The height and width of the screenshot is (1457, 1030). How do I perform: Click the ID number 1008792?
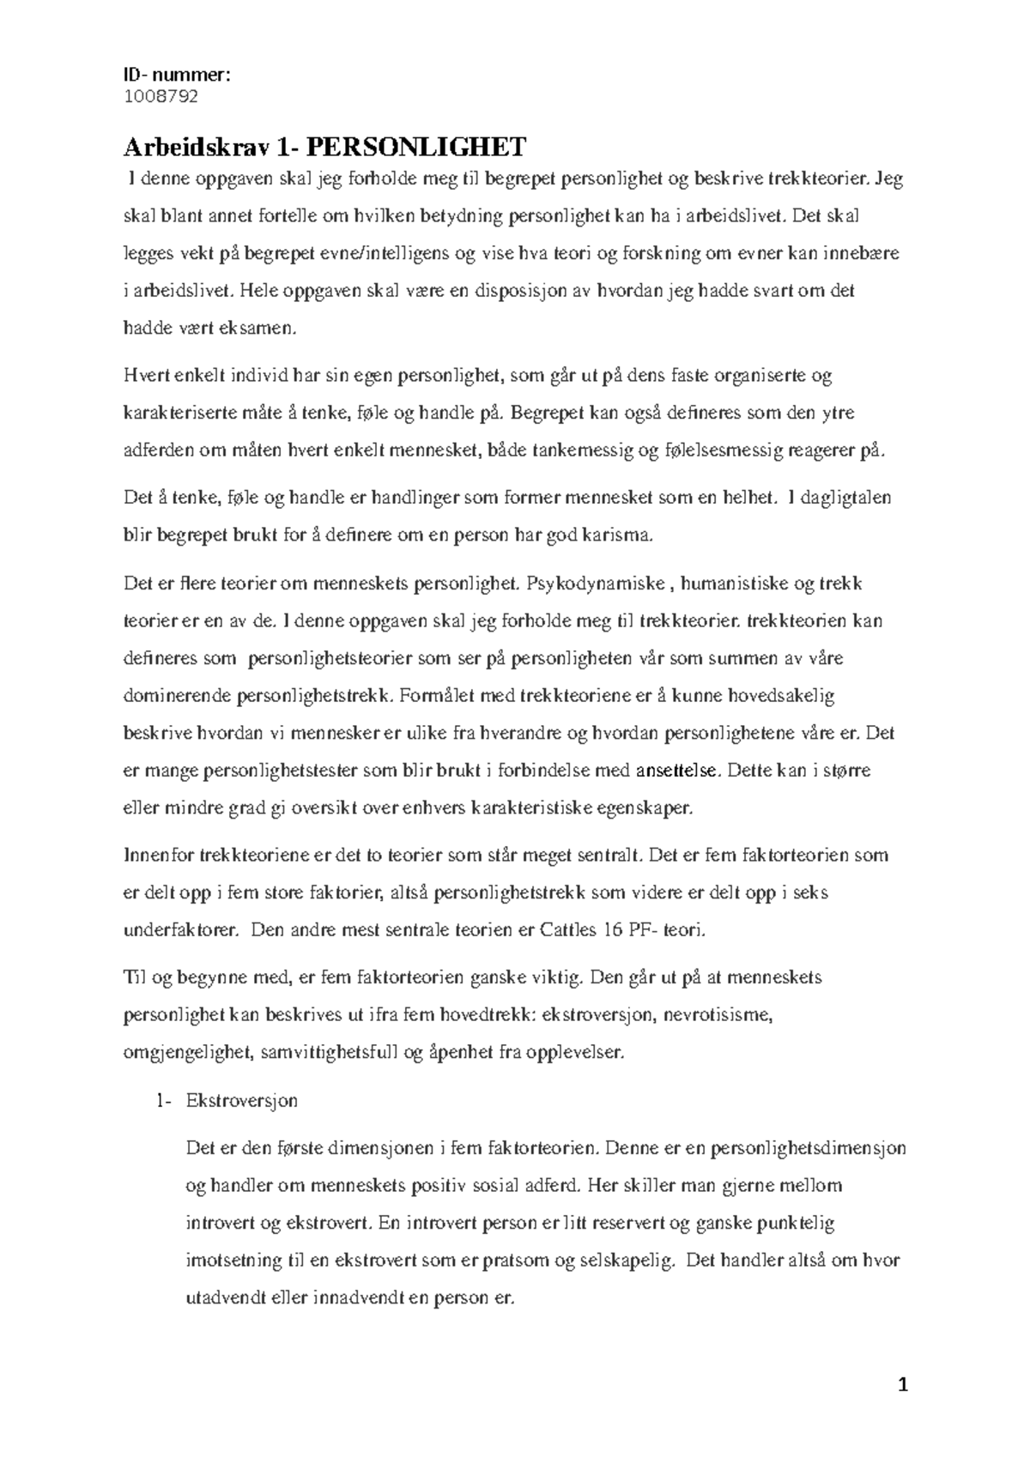161,96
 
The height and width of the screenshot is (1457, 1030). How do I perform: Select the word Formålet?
435,695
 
